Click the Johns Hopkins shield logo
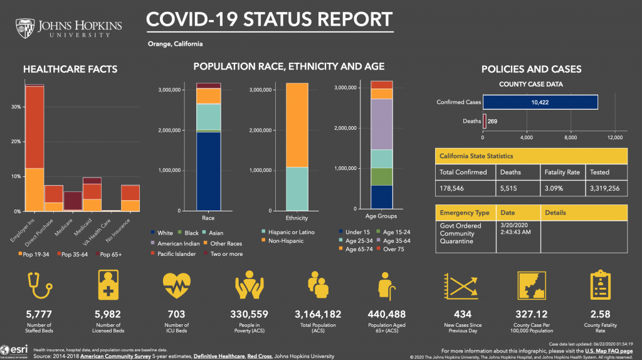pos(27,28)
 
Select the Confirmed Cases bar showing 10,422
pos(540,102)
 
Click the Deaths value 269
pos(493,121)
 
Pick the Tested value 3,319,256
pos(604,188)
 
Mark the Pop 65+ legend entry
pos(110,254)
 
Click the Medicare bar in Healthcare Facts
pos(73,201)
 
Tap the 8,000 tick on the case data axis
pos(571,137)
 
